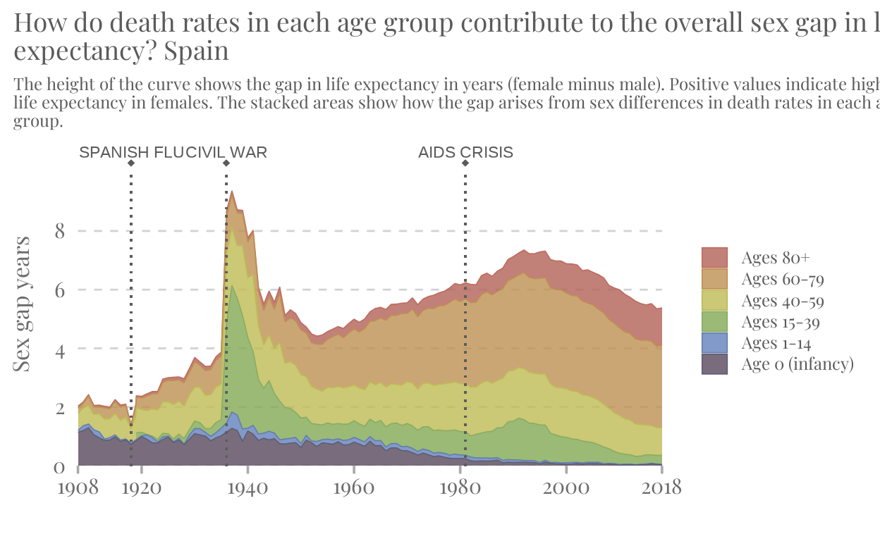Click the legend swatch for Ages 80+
point(714,258)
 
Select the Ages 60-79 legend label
point(783,279)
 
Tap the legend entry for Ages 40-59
point(783,301)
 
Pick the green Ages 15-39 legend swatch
point(714,322)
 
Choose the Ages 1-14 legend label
point(776,343)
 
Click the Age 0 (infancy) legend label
point(797,364)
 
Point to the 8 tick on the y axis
point(59,231)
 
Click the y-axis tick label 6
point(59,290)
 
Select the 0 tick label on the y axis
point(59,466)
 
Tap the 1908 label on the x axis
point(78,487)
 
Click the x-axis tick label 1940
point(248,487)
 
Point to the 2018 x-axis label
point(661,487)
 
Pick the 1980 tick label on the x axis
point(460,487)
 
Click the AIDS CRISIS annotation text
point(465,153)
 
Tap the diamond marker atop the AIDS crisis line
point(465,163)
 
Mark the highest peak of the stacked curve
point(232,191)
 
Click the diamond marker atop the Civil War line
point(226,163)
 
